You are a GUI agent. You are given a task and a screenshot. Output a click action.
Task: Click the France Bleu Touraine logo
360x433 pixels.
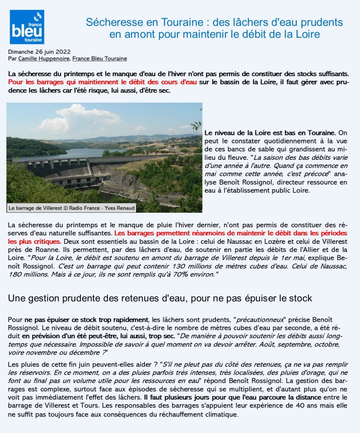(27, 27)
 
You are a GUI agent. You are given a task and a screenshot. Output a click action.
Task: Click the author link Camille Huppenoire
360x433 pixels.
(44, 58)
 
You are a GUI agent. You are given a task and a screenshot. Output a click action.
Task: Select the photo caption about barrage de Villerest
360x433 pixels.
(71, 208)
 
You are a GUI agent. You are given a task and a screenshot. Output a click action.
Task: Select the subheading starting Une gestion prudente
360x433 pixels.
(160, 298)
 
